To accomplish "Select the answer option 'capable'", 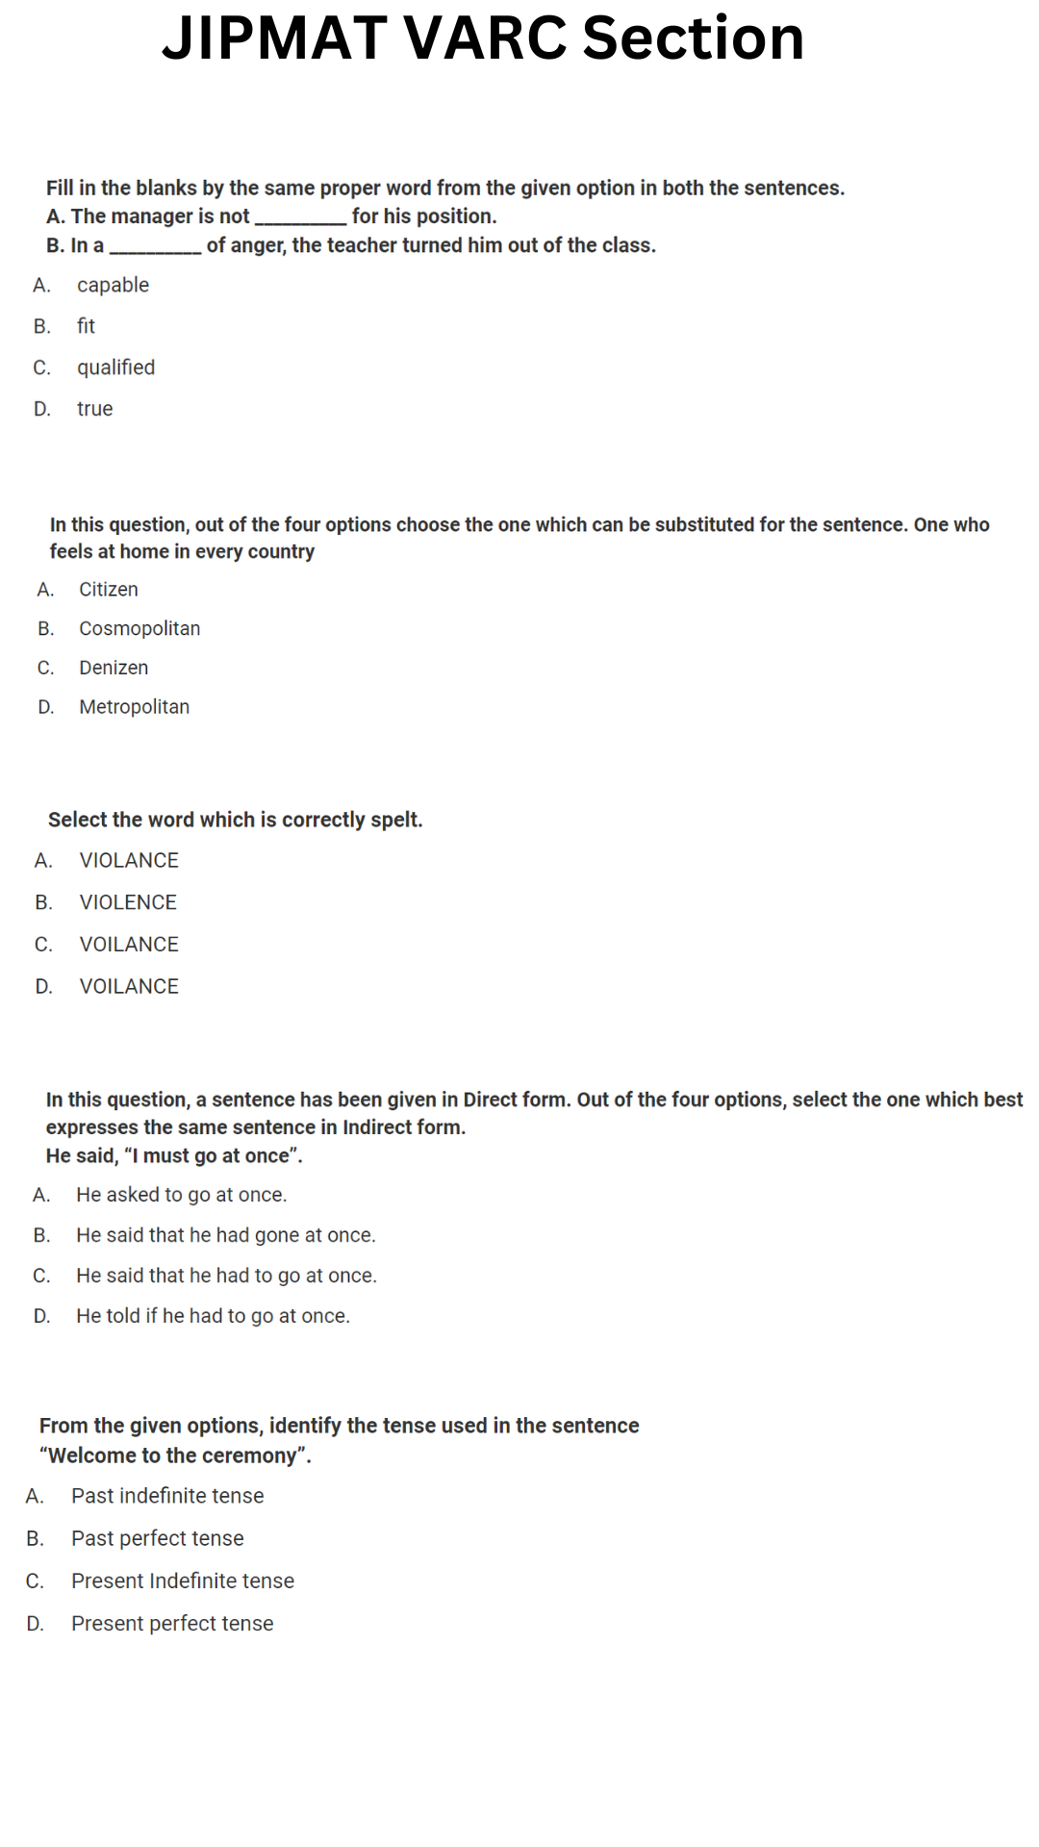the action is coord(113,285).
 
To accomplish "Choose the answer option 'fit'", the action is coord(86,326).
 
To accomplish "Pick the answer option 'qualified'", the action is coord(115,367).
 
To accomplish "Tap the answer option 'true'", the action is coord(94,409).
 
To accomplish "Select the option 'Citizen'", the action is coord(108,590).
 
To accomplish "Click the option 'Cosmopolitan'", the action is coord(139,628).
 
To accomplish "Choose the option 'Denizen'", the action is coord(114,668).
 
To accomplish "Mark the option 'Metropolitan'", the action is coord(134,707).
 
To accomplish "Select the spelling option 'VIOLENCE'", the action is coord(128,902).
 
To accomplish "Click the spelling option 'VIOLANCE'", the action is coord(129,860).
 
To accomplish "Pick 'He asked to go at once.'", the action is coord(181,1195).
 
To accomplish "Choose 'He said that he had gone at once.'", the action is coord(225,1235).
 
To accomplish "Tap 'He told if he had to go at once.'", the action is coord(213,1316).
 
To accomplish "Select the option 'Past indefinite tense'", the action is coord(166,1496).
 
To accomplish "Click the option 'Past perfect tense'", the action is coord(157,1538).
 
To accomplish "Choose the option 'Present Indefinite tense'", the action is coord(182,1581).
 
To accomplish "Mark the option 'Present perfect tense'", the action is coord(171,1624).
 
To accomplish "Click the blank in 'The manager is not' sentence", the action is coord(300,217).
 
